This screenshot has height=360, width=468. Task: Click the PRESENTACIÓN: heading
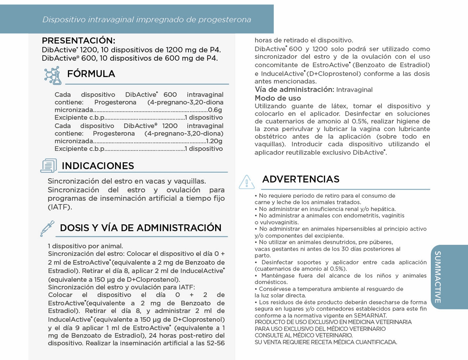(79, 41)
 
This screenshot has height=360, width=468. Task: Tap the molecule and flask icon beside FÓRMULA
(53, 75)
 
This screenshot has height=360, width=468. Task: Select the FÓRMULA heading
(91, 74)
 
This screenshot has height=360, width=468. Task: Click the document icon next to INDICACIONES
(49, 165)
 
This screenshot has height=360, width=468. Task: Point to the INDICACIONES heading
(98, 166)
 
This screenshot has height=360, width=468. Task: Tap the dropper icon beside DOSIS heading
(47, 229)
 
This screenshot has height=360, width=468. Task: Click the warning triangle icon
(247, 182)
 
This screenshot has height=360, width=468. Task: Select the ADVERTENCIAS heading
(301, 179)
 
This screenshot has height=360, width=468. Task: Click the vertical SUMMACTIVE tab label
(438, 277)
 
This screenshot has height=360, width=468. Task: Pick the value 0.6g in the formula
(215, 110)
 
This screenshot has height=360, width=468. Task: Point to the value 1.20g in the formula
(214, 141)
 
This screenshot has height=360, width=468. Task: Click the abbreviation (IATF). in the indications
(60, 207)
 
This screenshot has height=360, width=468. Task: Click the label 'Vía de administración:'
(294, 90)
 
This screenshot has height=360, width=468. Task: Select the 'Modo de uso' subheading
(278, 98)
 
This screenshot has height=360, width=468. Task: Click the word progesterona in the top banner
(224, 19)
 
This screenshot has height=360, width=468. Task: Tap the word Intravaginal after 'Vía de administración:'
(354, 90)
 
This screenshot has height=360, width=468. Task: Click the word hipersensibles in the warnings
(332, 229)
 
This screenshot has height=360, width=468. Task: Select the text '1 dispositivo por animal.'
(85, 246)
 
